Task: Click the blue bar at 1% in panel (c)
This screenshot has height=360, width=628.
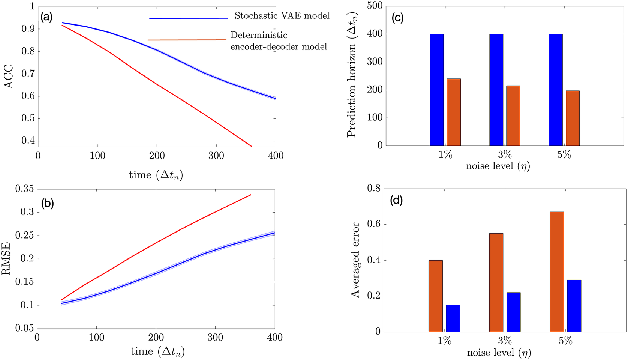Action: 437,90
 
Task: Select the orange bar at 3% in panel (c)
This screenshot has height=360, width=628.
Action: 513,115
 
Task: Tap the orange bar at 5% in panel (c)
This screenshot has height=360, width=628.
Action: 573,118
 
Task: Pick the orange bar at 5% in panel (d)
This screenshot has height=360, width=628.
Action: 557,272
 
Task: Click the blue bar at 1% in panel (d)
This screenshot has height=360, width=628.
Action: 453,318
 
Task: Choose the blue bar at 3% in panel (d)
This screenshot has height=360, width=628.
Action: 513,312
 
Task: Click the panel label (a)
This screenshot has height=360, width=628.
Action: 46,17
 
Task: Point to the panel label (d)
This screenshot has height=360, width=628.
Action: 396,201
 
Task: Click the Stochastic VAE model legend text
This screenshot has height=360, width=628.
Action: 282,16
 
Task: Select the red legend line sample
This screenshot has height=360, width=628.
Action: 187,40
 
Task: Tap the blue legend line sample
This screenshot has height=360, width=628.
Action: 189,18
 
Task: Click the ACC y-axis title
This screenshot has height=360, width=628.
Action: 9,77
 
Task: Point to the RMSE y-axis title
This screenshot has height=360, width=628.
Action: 6,259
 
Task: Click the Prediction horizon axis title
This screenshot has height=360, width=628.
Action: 352,75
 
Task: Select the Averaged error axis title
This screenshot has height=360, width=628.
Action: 355,260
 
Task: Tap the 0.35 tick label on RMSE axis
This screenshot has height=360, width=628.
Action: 24,189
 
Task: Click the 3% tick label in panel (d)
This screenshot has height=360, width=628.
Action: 505,341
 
